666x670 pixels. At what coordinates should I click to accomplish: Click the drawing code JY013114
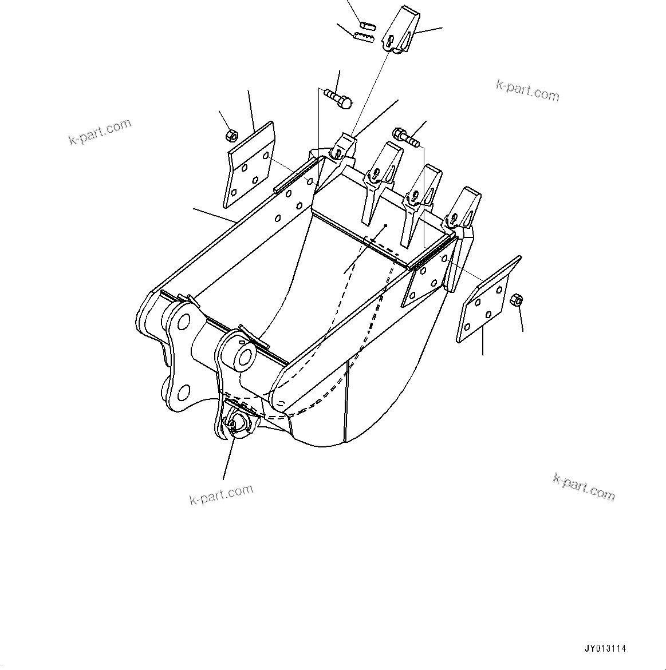pos(605,649)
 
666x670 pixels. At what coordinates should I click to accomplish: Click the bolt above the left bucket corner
pos(338,98)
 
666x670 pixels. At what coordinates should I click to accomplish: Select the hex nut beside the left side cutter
pos(232,136)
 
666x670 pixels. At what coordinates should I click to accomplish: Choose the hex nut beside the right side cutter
pos(515,300)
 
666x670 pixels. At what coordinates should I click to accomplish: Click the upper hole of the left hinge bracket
pos(183,323)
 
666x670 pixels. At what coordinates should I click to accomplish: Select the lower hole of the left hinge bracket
pos(183,393)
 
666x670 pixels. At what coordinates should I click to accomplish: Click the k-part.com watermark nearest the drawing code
pos(584,487)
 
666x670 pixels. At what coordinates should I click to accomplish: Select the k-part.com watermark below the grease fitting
pos(221,495)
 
